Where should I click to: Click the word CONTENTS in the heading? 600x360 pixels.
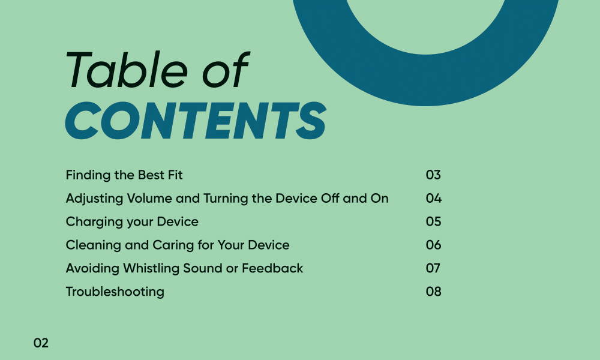[x=196, y=121]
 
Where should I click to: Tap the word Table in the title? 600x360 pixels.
[x=127, y=70]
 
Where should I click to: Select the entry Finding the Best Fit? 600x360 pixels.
[x=124, y=175]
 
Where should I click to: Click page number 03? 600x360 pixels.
[x=433, y=175]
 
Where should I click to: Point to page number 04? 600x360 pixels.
[x=434, y=198]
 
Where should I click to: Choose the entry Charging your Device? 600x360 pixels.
[x=132, y=222]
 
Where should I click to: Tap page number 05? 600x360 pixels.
[x=434, y=221]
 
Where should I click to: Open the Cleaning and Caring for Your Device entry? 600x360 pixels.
[x=178, y=245]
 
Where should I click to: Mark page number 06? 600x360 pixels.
[x=434, y=245]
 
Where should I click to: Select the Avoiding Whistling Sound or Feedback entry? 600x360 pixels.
[x=184, y=268]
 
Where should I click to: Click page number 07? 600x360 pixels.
[x=433, y=268]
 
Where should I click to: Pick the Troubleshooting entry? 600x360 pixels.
[x=115, y=292]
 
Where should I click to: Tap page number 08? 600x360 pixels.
[x=434, y=292]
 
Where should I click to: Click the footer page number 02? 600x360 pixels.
[x=41, y=343]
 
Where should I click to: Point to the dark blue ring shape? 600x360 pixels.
[x=425, y=80]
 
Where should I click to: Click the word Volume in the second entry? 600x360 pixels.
[x=149, y=198]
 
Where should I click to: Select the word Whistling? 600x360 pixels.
[x=151, y=268]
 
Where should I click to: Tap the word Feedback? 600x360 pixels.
[x=272, y=268]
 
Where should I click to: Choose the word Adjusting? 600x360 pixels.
[x=94, y=199]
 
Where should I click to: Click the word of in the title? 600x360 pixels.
[x=226, y=70]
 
